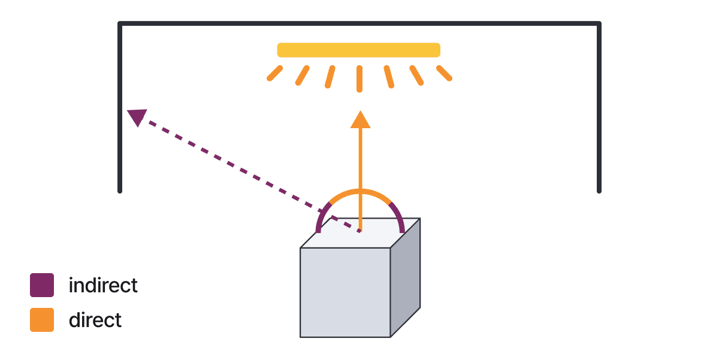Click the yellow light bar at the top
point(358,50)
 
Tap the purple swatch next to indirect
point(42,285)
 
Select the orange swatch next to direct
point(42,320)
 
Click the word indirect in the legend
point(103,285)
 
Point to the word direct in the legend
point(95,320)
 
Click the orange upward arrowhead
point(360,119)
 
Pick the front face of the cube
point(345,292)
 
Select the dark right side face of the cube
point(405,277)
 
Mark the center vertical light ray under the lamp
point(359,78)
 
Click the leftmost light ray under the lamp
point(274,74)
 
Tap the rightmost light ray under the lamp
point(444,73)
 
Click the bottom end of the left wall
point(120,190)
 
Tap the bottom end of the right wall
point(599,190)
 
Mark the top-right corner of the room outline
point(599,24)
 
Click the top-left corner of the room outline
point(120,24)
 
